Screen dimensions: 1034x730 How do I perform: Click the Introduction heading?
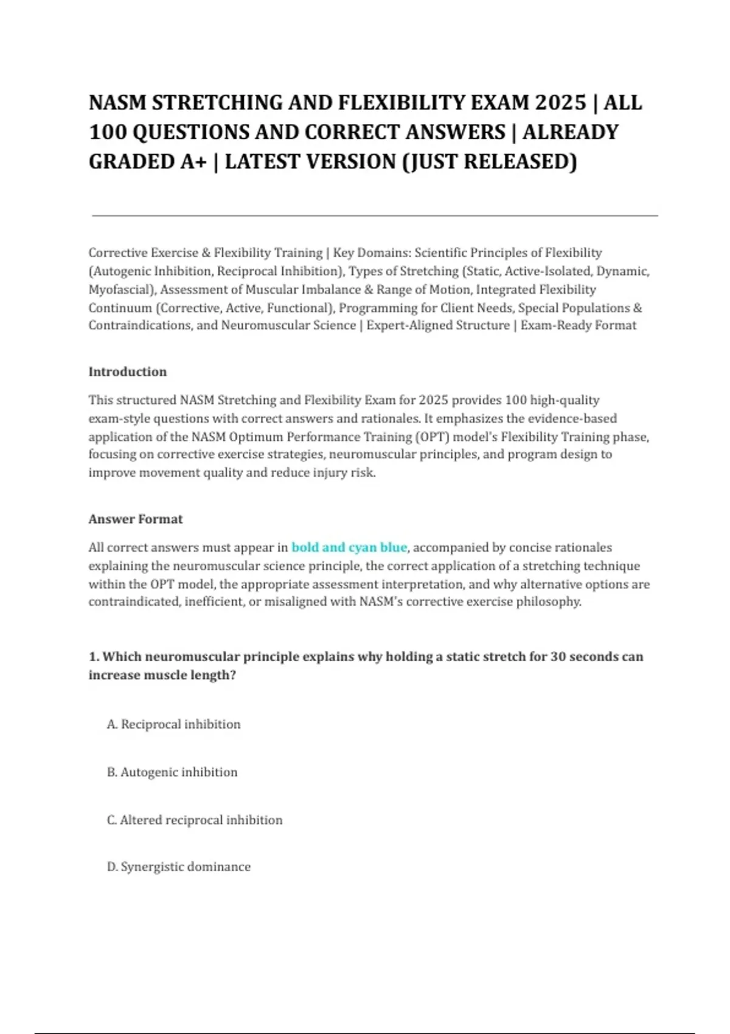127,372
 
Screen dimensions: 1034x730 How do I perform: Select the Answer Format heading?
135,519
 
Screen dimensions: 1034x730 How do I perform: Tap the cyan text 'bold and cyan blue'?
349,547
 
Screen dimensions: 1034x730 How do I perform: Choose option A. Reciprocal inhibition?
173,724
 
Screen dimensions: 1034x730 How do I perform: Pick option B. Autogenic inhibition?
172,772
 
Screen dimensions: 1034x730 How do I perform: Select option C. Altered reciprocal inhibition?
194,820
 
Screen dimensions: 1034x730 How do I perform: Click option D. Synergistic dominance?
178,867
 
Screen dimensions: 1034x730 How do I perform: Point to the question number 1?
94,657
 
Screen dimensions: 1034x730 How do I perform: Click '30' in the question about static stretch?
558,657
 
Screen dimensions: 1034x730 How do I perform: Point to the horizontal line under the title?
375,215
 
